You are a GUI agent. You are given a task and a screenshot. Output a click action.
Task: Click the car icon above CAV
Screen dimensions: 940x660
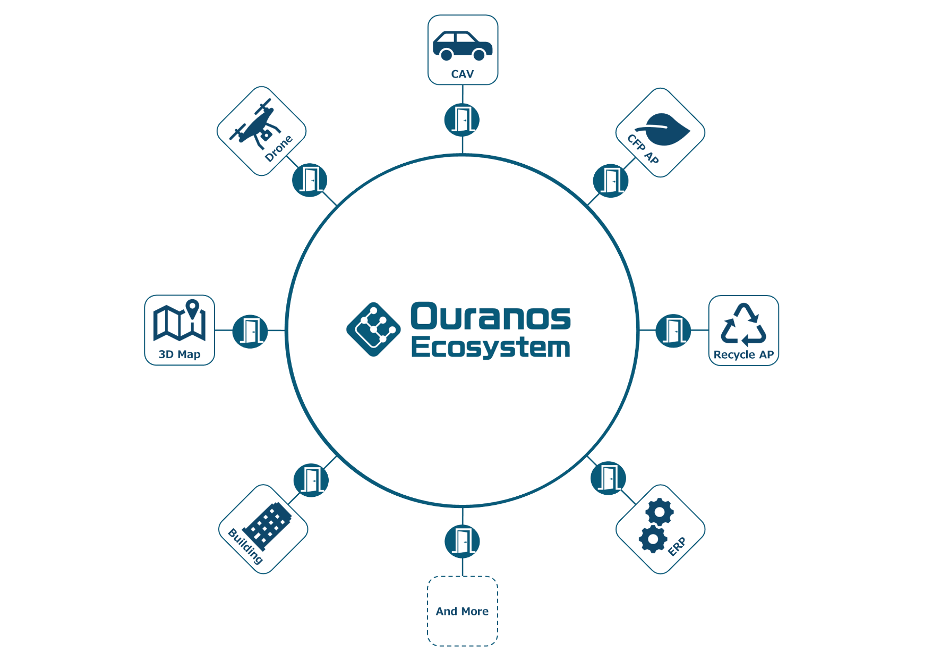[463, 46]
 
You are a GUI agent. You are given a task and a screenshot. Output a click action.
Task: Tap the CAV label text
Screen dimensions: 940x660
[463, 74]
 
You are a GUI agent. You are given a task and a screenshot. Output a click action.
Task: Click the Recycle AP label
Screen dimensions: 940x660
[744, 354]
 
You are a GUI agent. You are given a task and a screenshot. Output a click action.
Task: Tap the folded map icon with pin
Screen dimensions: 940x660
[180, 320]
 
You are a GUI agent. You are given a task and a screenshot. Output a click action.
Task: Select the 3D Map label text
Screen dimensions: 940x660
[180, 354]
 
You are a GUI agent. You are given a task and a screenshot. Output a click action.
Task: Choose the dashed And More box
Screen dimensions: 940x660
[463, 611]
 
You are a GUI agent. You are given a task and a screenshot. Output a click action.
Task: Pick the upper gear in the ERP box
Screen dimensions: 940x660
[660, 512]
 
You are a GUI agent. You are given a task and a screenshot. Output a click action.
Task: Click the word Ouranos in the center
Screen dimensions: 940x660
[490, 317]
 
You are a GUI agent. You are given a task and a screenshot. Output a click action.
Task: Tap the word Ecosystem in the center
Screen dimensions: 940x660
[490, 348]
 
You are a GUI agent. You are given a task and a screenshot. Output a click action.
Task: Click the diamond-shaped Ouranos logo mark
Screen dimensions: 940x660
[373, 329]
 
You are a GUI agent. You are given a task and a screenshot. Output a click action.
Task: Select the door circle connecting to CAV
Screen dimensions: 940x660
[462, 120]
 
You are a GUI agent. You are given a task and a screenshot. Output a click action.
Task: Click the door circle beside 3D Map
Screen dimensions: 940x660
[250, 331]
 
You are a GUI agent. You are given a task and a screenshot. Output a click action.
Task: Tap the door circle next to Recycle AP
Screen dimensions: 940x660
[673, 331]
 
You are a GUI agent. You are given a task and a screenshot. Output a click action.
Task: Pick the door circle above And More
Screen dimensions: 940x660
[463, 541]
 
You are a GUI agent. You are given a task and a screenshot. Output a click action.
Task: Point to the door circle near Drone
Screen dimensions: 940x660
[310, 180]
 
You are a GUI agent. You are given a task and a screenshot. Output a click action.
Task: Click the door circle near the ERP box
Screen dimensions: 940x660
[608, 478]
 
